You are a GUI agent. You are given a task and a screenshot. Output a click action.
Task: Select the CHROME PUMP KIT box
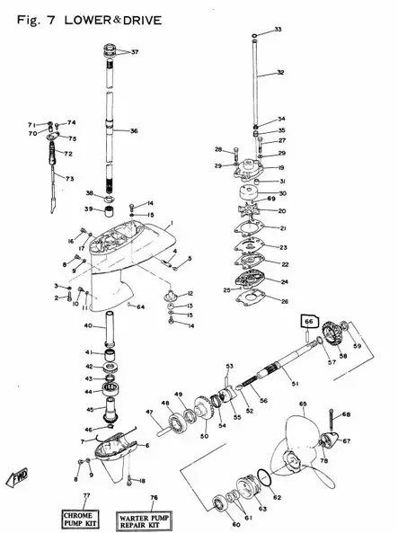(86, 517)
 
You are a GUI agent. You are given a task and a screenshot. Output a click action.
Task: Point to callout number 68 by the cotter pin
(347, 414)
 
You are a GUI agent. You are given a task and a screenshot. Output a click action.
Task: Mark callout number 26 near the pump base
(285, 301)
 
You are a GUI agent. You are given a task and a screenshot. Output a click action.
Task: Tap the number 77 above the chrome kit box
(86, 496)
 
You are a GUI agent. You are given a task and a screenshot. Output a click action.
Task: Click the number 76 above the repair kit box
(153, 498)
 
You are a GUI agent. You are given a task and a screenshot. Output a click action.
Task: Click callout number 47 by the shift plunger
(150, 413)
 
